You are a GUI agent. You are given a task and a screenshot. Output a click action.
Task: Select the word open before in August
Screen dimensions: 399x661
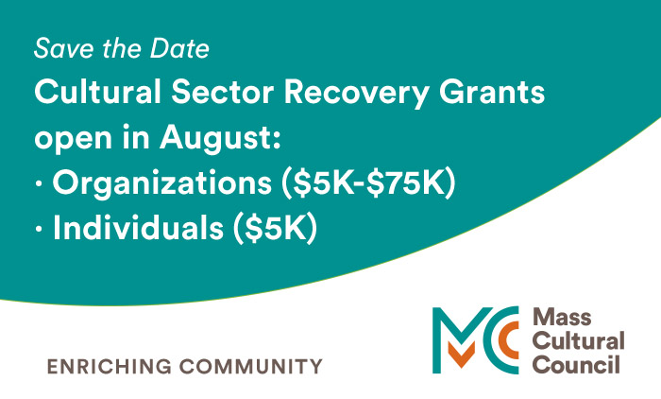71,139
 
